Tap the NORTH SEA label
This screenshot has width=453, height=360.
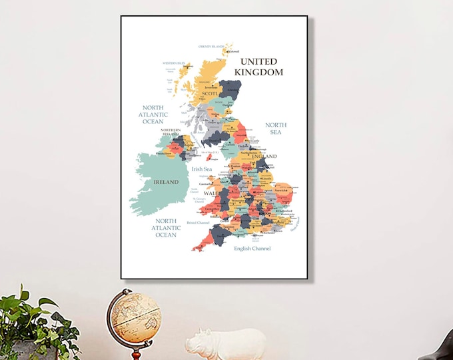point(275,129)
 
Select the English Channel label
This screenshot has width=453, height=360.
point(252,249)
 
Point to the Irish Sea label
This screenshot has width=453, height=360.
point(201,169)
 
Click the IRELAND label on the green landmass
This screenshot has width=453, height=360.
point(166,181)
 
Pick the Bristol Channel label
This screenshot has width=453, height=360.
point(198,223)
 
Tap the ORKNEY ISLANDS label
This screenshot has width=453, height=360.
point(211,47)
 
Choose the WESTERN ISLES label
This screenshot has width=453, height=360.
point(173,63)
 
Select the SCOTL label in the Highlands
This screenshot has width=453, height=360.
point(211,94)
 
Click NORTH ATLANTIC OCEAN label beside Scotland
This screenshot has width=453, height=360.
point(153,114)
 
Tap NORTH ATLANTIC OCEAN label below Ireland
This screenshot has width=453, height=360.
point(166,227)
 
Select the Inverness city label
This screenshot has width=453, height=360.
point(212,86)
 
